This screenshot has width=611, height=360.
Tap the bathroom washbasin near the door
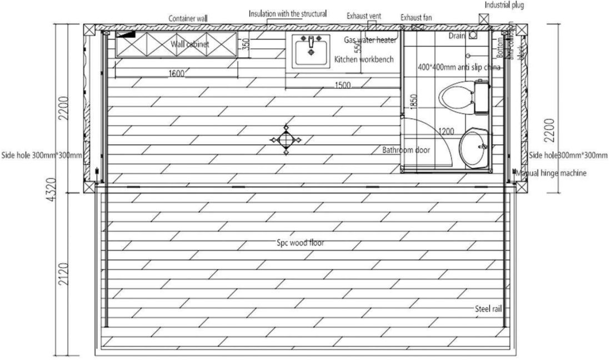click(x=474, y=147)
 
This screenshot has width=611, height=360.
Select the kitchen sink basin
click(x=310, y=53)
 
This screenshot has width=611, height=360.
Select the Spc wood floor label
click(x=301, y=243)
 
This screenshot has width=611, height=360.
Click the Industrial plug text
click(x=503, y=5)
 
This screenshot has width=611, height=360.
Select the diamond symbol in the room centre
click(x=286, y=139)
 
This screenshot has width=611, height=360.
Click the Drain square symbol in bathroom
click(x=473, y=36)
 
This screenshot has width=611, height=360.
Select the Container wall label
click(x=188, y=19)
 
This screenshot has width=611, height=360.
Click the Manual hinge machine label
click(x=551, y=173)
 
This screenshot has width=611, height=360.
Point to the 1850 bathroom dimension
click(x=413, y=101)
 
